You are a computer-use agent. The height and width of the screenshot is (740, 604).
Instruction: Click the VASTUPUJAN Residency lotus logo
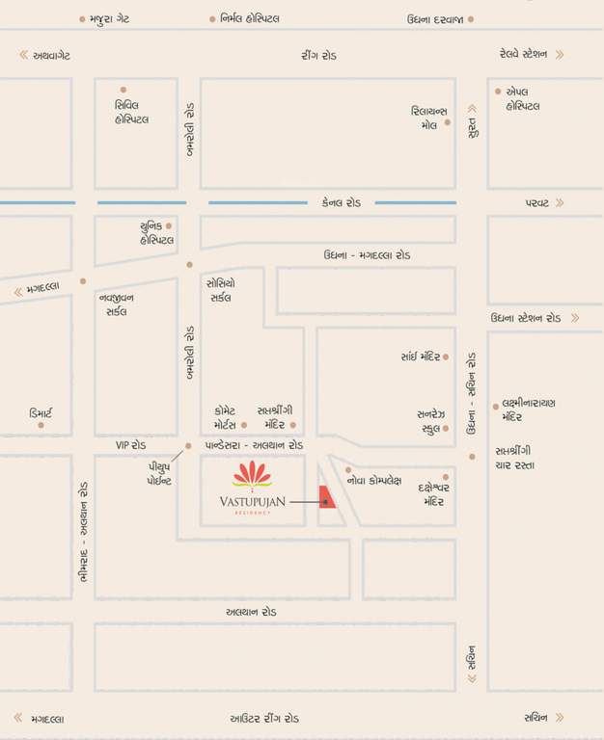252,474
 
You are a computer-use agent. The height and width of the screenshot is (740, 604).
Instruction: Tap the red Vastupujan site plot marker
327,502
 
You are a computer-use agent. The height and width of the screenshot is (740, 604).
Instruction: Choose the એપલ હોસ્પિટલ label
524,98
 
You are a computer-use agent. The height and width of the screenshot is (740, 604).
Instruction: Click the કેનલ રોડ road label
342,203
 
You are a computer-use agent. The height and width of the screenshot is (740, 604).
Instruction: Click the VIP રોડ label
131,445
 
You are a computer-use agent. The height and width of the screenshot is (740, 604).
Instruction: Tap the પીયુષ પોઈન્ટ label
152,472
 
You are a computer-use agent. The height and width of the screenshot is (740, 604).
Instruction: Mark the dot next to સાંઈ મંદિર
447,357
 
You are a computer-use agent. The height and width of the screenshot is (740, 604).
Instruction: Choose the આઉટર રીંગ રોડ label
264,719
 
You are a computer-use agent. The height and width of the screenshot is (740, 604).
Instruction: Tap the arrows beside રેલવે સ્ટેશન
559,55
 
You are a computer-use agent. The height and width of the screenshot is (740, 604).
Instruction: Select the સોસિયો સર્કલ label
220,290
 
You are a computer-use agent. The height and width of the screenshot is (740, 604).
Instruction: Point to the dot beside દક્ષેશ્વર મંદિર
446,476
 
